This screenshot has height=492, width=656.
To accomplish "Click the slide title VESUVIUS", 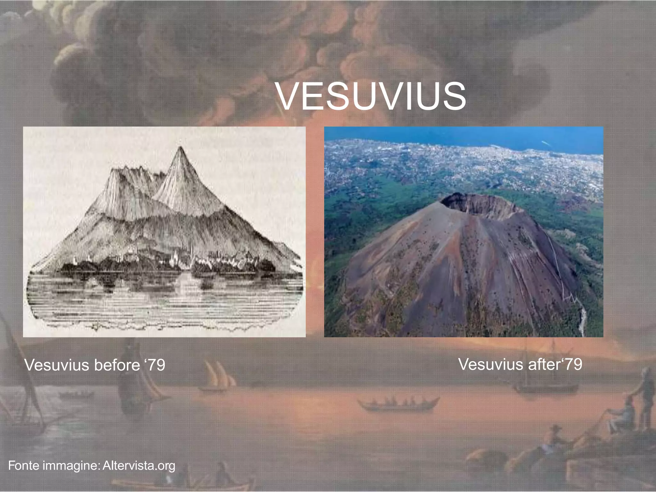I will click(371, 96).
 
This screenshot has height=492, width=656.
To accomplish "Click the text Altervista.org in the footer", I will click(139, 465).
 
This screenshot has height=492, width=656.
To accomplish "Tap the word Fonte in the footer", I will click(23, 465).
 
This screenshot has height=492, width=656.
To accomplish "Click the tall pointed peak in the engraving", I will click(180, 151).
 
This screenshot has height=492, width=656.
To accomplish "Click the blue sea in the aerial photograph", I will click(480, 135).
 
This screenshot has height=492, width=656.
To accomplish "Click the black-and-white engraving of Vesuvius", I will click(164, 232).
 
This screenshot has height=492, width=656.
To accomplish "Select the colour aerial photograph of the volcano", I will click(463, 232).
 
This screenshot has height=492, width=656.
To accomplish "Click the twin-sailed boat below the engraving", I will click(218, 378).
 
